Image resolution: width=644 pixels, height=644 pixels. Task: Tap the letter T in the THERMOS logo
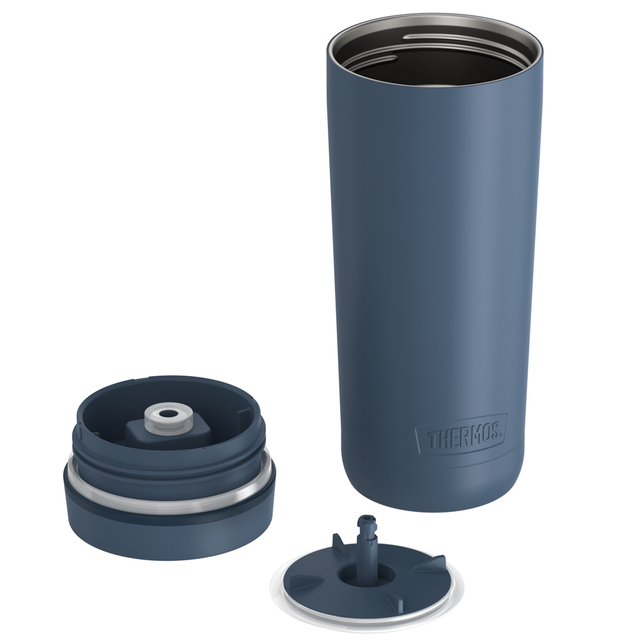coord(433,440)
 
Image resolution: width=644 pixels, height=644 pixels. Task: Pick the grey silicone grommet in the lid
coord(169,418)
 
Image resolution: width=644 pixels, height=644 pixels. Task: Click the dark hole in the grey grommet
coord(168,413)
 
